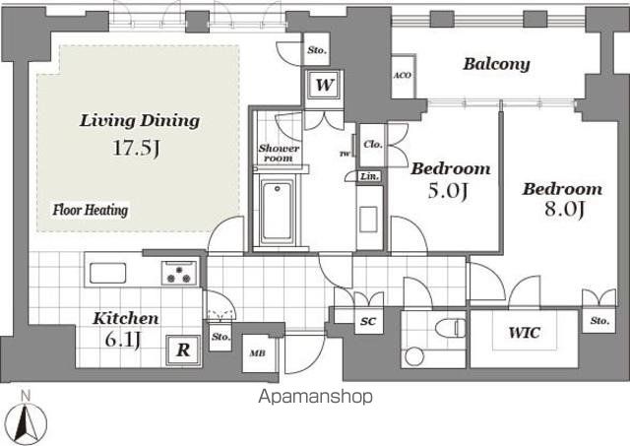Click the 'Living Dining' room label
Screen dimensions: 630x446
tap(140, 121)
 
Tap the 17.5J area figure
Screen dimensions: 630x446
tap(136, 148)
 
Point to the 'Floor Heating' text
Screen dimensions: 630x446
tap(91, 210)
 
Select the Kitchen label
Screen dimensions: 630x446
tap(126, 319)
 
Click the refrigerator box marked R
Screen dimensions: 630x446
tap(183, 350)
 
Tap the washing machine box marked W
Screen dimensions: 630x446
tap(324, 86)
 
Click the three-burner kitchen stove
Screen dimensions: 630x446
tap(179, 274)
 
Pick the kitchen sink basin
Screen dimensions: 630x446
tap(107, 274)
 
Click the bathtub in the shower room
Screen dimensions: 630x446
tap(277, 212)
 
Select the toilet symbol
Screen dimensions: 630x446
tap(451, 328)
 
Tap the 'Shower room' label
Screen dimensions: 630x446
tap(279, 153)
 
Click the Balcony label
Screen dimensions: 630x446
tap(496, 64)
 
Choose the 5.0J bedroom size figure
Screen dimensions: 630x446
tap(447, 190)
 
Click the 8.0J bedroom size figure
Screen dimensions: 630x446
tap(564, 209)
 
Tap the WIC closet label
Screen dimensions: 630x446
tap(525, 333)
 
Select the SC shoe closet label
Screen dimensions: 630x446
tap(368, 321)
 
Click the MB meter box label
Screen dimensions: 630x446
tap(257, 353)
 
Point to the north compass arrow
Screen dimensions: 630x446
tap(26, 422)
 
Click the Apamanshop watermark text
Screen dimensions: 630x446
tap(315, 397)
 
